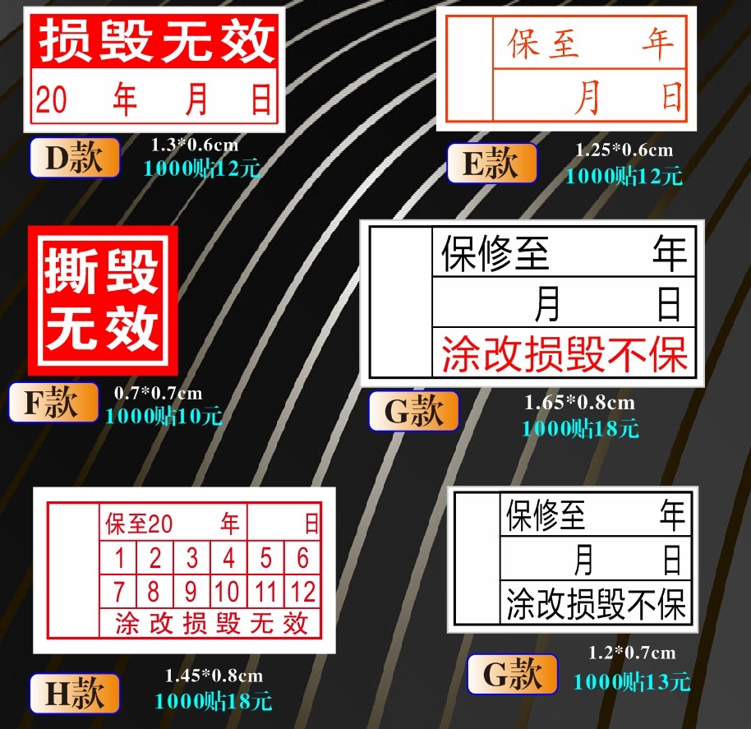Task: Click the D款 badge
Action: [75, 158]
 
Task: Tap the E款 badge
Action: [491, 164]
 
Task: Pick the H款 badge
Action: [75, 694]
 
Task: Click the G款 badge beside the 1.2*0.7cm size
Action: [512, 675]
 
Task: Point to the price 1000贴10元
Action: [164, 416]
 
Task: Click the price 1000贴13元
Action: [631, 681]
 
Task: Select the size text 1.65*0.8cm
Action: [579, 403]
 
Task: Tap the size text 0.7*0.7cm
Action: [158, 393]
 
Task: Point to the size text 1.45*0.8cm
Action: [214, 676]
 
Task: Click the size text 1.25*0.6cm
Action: [624, 150]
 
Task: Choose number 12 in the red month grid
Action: [302, 591]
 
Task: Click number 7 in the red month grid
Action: [119, 591]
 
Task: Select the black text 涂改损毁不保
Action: [595, 604]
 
